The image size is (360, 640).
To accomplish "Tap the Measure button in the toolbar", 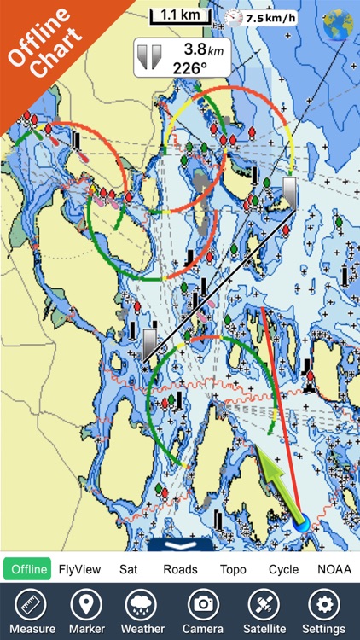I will pyautogui.click(x=32, y=612).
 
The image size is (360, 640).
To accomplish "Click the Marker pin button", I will pyautogui.click(x=85, y=612).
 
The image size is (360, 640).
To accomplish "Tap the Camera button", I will pyautogui.click(x=203, y=612).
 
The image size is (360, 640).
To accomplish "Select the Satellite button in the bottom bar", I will pyautogui.click(x=264, y=612).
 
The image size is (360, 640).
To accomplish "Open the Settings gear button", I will pyautogui.click(x=323, y=612).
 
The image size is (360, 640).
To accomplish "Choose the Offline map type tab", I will pyautogui.click(x=27, y=569).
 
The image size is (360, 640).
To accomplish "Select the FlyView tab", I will pyautogui.click(x=79, y=569).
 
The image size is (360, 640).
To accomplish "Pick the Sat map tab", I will pyautogui.click(x=128, y=569).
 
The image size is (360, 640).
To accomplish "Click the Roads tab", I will pyautogui.click(x=180, y=569).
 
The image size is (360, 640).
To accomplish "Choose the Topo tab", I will pyautogui.click(x=234, y=569).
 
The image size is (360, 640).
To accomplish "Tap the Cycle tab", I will pyautogui.click(x=283, y=569).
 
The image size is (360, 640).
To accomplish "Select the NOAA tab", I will pyautogui.click(x=334, y=569).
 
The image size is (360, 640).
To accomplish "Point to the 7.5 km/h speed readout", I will pyautogui.click(x=270, y=17).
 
